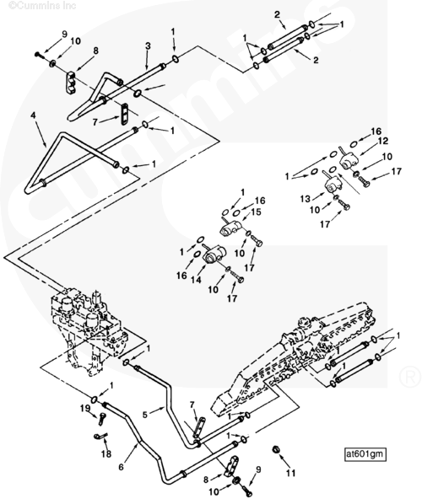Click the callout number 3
[148, 46]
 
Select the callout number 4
[33, 115]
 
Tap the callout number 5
[145, 415]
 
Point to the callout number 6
[121, 466]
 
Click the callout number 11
[290, 473]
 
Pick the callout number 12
[383, 141]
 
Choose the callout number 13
[306, 199]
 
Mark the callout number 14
[196, 280]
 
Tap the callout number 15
[257, 212]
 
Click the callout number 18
[105, 453]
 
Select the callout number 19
[85, 409]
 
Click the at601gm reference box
[365, 454]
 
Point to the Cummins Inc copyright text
[42, 5]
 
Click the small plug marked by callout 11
[275, 449]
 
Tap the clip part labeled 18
[100, 437]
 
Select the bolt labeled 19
[102, 419]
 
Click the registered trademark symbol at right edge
[410, 377]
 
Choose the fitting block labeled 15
[230, 227]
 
